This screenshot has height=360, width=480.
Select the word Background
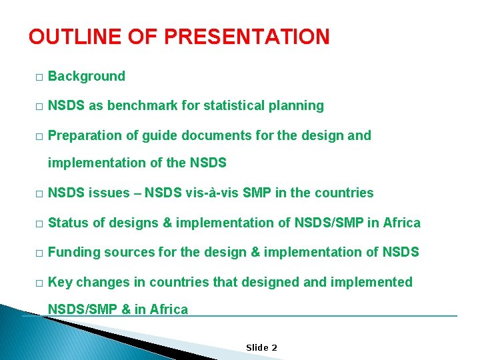click(87, 76)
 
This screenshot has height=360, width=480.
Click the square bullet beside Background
click(39, 77)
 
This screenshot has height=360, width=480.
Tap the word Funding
click(73, 252)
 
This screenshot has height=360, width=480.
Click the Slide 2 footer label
click(261, 347)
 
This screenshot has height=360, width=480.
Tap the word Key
click(60, 282)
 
